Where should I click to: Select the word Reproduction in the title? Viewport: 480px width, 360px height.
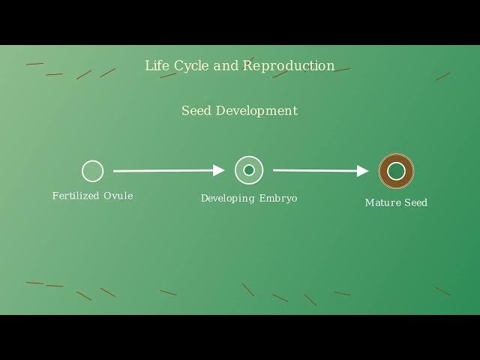(289, 66)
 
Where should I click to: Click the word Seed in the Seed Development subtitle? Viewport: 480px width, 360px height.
(196, 110)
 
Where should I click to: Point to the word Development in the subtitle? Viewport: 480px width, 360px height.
(256, 111)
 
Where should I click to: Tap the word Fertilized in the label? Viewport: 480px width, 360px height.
(76, 196)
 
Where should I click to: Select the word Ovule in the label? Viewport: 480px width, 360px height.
(118, 196)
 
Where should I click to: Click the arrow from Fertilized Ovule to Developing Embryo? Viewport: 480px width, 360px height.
(169, 170)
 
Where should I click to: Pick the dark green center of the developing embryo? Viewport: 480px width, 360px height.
(249, 170)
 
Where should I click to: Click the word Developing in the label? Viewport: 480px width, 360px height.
(228, 198)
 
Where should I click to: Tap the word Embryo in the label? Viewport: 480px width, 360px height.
(278, 198)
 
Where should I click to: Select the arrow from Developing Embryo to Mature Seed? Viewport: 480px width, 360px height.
(321, 170)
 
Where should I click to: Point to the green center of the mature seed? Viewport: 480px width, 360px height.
(397, 171)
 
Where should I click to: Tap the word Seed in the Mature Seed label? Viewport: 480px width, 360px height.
(416, 202)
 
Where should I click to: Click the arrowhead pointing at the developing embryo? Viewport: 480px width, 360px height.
(219, 170)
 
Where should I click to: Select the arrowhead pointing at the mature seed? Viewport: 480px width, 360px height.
(363, 171)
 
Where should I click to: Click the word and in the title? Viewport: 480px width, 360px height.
(226, 65)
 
